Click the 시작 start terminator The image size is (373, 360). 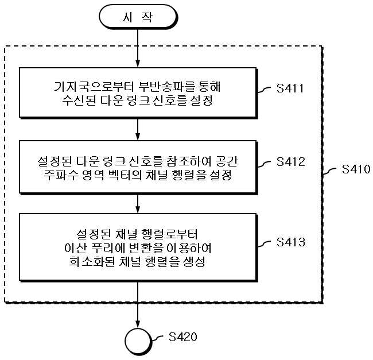tap(138, 17)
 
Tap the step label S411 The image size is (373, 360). tap(290, 88)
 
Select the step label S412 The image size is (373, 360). tap(290, 162)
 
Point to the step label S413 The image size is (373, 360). tap(290, 242)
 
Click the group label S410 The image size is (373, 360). tap(356, 169)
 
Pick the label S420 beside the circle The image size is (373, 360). tap(183, 336)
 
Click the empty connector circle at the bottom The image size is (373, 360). tap(138, 341)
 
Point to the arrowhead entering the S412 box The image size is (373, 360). tap(138, 136)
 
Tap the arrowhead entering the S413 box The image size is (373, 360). tap(138, 209)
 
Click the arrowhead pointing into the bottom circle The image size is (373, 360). tap(138, 324)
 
